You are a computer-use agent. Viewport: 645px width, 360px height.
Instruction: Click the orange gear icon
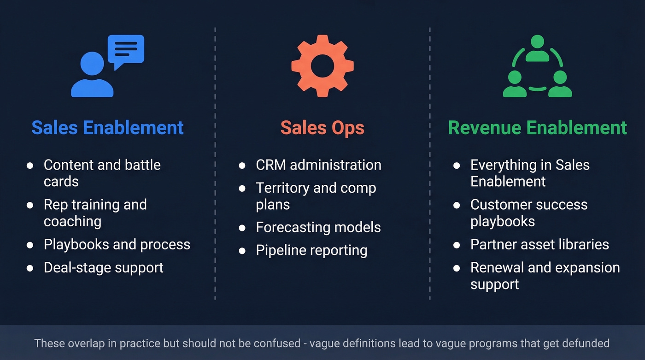322,66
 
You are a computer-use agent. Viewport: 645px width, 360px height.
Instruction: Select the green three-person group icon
537,67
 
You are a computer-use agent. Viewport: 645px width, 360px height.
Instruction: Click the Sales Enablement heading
107,128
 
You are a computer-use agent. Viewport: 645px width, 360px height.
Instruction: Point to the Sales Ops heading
322,128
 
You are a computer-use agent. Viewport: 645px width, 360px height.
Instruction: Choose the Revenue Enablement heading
537,128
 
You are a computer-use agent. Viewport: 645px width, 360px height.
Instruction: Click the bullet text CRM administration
318,165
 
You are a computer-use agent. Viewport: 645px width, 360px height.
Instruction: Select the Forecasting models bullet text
318,227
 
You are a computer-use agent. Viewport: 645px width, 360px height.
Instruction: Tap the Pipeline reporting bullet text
311,250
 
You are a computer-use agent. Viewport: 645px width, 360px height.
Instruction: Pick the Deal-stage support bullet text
104,268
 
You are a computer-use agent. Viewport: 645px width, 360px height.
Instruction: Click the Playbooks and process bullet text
117,244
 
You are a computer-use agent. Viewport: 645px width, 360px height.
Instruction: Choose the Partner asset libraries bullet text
539,244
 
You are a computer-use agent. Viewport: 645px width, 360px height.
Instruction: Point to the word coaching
72,222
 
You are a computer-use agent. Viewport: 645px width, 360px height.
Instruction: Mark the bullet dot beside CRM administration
242,165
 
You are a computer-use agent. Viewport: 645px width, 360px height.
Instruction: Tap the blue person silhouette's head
92,63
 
